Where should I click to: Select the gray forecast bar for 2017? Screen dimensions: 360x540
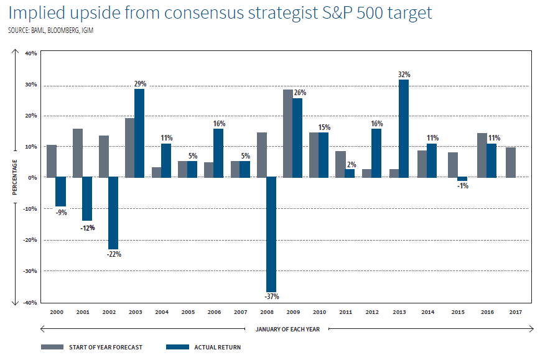pos(510,162)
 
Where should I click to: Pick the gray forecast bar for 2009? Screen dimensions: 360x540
pos(287,134)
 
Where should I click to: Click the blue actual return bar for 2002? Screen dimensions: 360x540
pos(113,213)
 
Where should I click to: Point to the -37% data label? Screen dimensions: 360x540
pos(271,296)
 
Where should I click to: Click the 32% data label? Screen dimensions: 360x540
pos(404,75)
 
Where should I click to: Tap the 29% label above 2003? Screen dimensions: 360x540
pos(139,83)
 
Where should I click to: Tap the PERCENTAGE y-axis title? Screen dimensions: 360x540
pos(14,177)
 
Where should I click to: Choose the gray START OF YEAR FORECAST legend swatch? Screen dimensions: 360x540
pos(54,347)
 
